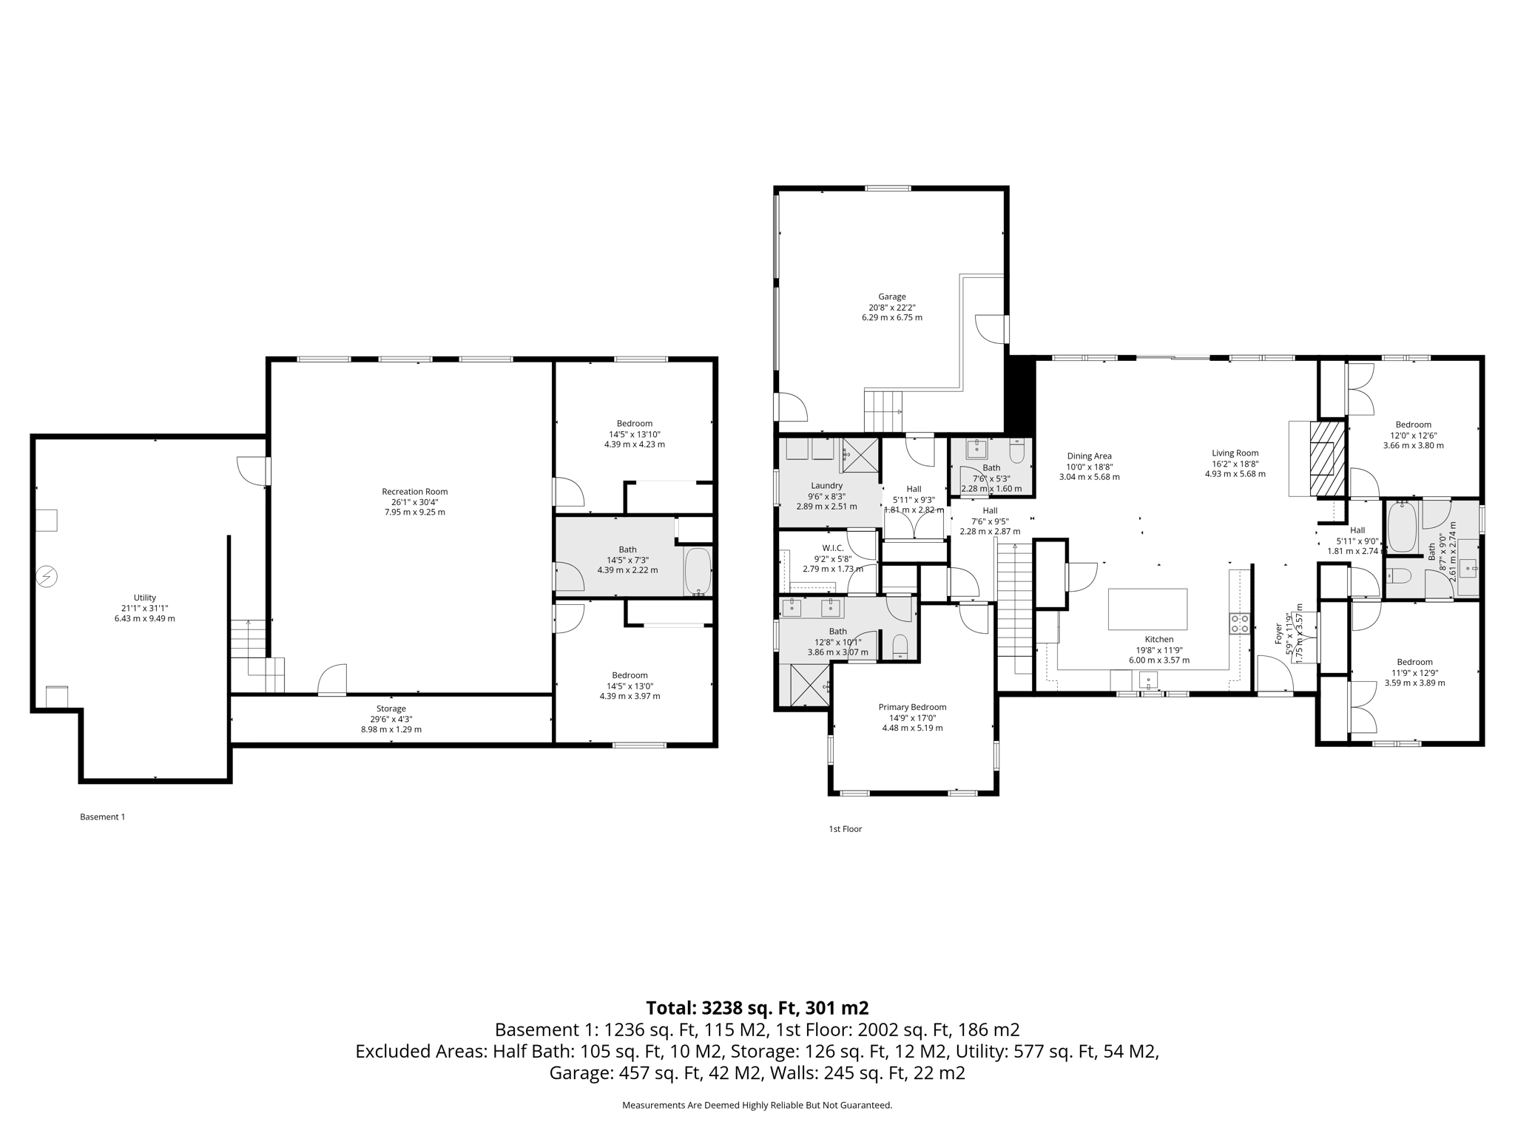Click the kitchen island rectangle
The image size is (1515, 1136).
[x=1147, y=609]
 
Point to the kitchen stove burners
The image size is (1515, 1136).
[x=1240, y=623]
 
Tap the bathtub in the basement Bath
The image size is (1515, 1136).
[x=698, y=571]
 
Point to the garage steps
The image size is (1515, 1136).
[x=884, y=412]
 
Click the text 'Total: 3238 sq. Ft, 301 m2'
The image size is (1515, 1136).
[x=757, y=1007]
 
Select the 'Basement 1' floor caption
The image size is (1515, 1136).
[x=102, y=816]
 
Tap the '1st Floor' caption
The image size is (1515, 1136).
[x=845, y=829]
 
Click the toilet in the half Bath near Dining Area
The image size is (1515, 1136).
[x=1017, y=451]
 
